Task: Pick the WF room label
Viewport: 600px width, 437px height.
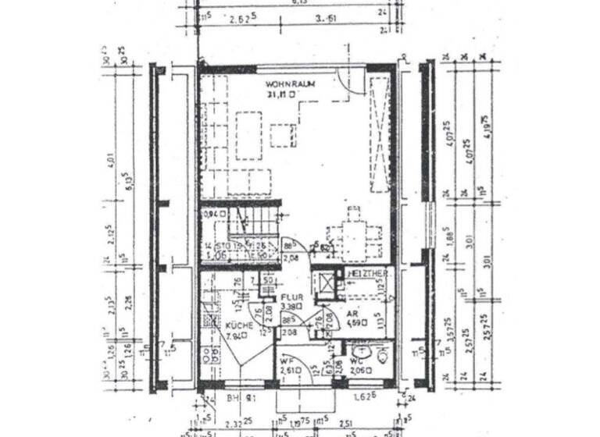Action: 286,361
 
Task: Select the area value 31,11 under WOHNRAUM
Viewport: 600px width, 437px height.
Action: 280,94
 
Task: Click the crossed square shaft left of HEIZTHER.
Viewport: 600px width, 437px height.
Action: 323,281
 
